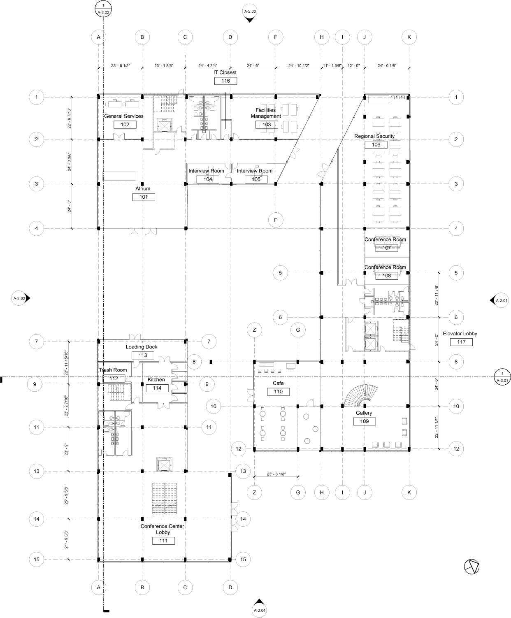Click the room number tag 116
(x=225, y=81)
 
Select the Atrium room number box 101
(x=144, y=197)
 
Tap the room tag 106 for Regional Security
(x=376, y=144)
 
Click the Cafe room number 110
(x=278, y=392)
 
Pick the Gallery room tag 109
(x=364, y=421)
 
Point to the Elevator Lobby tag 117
(x=461, y=342)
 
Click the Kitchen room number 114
(x=157, y=388)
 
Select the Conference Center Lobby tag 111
(x=163, y=541)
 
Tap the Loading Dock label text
(x=142, y=347)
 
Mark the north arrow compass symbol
(x=472, y=567)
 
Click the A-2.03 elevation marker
(x=250, y=12)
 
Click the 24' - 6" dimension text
(x=252, y=65)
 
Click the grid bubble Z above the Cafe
(x=255, y=330)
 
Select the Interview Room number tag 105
(x=256, y=179)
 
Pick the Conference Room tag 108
(x=386, y=276)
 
